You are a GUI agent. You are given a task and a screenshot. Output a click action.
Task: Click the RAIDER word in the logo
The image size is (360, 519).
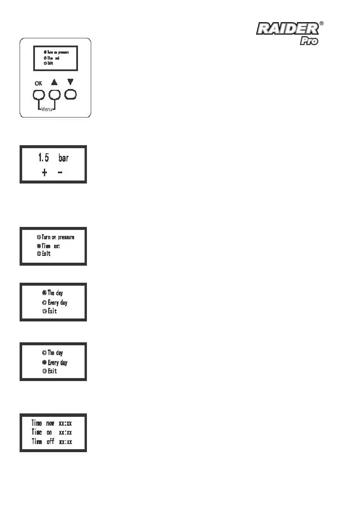pyautogui.click(x=287, y=29)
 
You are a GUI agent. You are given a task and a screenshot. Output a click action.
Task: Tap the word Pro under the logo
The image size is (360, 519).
pyautogui.click(x=309, y=41)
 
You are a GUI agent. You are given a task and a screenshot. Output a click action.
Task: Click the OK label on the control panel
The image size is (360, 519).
pyautogui.click(x=38, y=83)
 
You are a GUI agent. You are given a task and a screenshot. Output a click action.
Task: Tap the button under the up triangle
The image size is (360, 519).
pyautogui.click(x=55, y=95)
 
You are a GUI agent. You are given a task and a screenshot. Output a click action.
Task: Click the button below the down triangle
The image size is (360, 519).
pyautogui.click(x=70, y=94)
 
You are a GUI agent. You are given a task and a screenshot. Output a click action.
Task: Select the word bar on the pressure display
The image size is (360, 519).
pyautogui.click(x=63, y=158)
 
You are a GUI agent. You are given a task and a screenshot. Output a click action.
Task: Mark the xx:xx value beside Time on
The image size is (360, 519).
pyautogui.click(x=65, y=433)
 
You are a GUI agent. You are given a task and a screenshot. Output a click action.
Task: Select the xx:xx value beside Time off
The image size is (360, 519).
pyautogui.click(x=65, y=442)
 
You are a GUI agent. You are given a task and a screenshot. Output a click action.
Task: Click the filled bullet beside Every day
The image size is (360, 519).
pyautogui.click(x=44, y=363)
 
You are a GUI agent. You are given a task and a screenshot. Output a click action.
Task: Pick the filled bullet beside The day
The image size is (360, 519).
pyautogui.click(x=44, y=293)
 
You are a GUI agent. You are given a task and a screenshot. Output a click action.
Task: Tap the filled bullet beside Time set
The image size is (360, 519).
pyautogui.click(x=39, y=246)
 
